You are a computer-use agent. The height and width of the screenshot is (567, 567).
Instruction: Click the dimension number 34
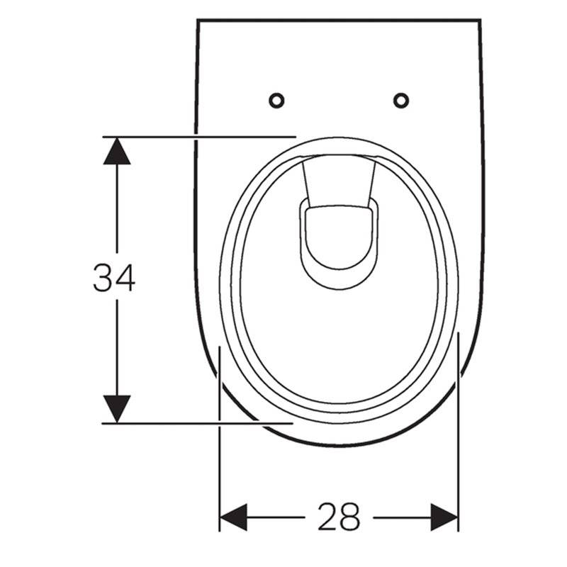click(x=114, y=277)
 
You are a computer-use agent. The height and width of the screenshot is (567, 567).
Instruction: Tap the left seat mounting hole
click(x=276, y=100)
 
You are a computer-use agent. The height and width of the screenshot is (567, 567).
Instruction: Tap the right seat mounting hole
click(x=401, y=100)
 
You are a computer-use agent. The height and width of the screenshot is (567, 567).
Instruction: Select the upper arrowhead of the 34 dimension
click(x=117, y=151)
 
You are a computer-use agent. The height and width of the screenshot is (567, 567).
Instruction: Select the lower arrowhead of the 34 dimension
click(x=117, y=409)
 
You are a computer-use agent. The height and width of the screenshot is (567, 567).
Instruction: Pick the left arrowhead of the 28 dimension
click(x=234, y=517)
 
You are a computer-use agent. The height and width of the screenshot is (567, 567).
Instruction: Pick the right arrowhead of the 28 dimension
click(x=444, y=517)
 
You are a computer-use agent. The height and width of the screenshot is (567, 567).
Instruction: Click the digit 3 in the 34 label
click(x=103, y=277)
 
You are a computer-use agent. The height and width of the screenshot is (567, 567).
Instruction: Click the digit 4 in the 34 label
click(x=125, y=277)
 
